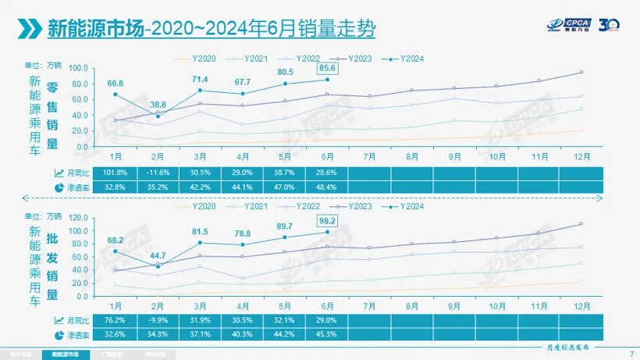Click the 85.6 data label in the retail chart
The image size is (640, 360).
[327, 69]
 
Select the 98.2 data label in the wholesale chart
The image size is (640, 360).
[327, 221]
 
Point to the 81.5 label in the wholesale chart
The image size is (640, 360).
[201, 231]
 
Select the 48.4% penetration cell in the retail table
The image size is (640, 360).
[327, 187]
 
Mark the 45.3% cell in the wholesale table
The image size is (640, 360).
[327, 334]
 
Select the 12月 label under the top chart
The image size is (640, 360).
[582, 156]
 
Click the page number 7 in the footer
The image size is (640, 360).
[631, 354]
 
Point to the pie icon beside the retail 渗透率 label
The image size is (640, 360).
[59, 187]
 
